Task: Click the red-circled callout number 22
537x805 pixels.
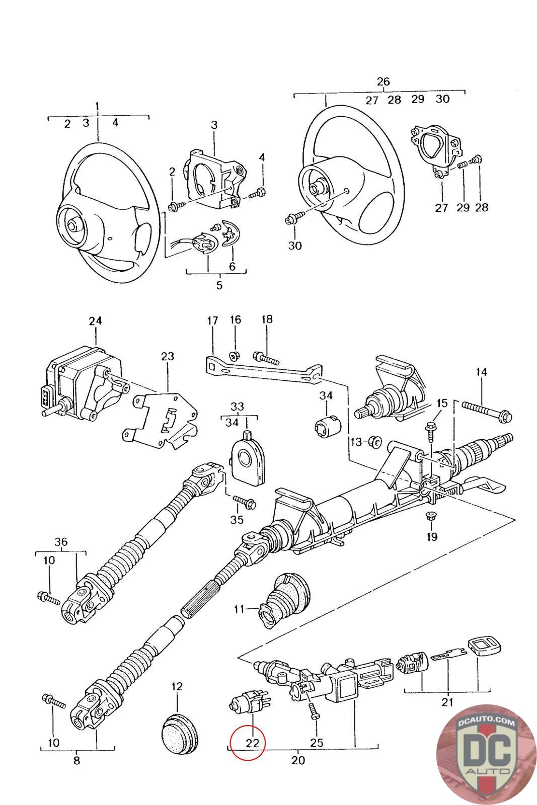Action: coord(252,743)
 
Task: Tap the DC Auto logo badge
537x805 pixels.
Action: coord(486,755)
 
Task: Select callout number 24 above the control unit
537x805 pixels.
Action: coord(95,320)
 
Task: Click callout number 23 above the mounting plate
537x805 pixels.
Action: coord(168,356)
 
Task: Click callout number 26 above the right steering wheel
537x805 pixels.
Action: coord(383,82)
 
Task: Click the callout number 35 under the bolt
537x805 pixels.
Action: coord(237,520)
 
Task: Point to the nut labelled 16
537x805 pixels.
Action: coord(235,356)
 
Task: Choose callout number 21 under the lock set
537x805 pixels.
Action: coord(447,701)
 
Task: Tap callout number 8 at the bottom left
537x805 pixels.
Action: coord(76,760)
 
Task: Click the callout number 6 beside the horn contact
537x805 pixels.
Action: coord(232,266)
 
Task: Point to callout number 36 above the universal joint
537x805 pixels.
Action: coord(61,541)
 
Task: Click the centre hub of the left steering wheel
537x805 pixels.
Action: coord(73,226)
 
